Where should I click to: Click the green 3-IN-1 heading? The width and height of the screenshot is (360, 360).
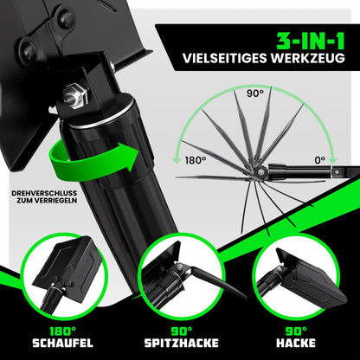pyautogui.click(x=311, y=41)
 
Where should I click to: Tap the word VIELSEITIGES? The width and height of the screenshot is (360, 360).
pyautogui.click(x=225, y=58)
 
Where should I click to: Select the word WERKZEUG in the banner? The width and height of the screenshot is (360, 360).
pyautogui.click(x=308, y=58)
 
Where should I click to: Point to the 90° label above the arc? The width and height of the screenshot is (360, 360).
pyautogui.click(x=255, y=93)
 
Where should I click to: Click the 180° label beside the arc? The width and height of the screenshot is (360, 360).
pyautogui.click(x=196, y=160)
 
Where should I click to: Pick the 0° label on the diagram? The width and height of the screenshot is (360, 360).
pyautogui.click(x=319, y=160)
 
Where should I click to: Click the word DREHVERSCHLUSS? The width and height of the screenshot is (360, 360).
pyautogui.click(x=44, y=193)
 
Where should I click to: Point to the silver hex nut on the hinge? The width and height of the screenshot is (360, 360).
pyautogui.click(x=75, y=94)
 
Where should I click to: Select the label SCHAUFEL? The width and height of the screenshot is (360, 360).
pyautogui.click(x=62, y=344)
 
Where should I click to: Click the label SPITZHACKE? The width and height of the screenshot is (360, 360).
pyautogui.click(x=182, y=344)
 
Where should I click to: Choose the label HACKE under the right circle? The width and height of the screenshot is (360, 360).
pyautogui.click(x=296, y=344)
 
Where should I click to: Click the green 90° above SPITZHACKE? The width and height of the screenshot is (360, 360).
pyautogui.click(x=182, y=331)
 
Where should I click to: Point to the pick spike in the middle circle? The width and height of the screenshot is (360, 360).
pyautogui.click(x=218, y=282)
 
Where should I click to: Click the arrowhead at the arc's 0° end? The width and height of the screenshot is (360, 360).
pyautogui.click(x=333, y=159)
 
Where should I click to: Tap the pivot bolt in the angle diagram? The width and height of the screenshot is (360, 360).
pyautogui.click(x=260, y=172)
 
